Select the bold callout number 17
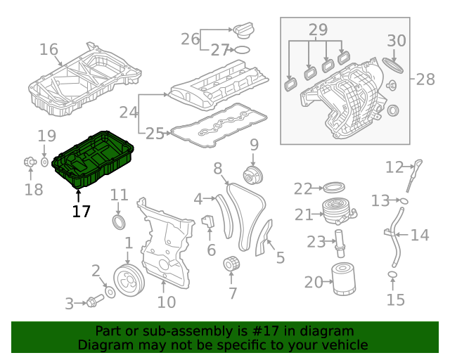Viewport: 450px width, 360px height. point(81,210)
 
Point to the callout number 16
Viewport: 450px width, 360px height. point(49,49)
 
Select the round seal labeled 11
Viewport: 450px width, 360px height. point(120,223)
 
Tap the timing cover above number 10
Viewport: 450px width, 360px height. point(166,246)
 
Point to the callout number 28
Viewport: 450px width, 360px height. point(425,79)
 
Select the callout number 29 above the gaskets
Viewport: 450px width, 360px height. point(318,30)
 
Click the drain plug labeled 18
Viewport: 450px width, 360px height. point(30,162)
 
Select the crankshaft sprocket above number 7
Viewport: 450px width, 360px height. point(230,266)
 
